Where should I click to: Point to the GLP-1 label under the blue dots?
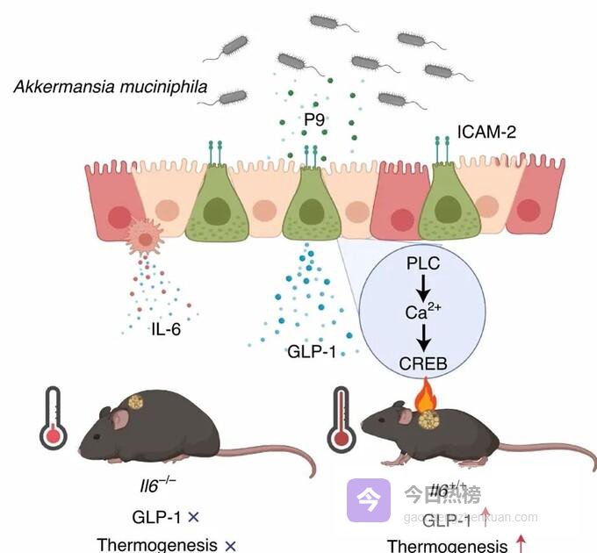(x=313, y=351)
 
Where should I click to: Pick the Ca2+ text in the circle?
(x=421, y=312)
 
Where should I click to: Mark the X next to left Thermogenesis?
(x=231, y=545)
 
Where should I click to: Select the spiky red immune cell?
(x=144, y=236)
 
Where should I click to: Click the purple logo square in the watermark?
(x=368, y=500)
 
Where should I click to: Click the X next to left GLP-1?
(x=193, y=516)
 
